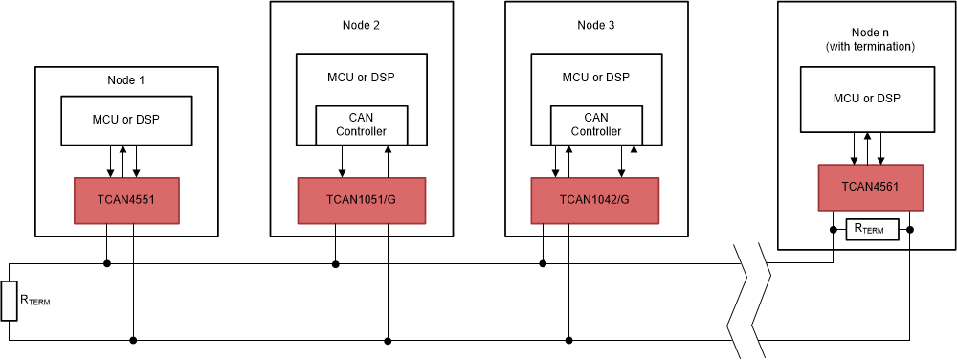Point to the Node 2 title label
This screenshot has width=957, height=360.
pyautogui.click(x=361, y=25)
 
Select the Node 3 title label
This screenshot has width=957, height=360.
pyautogui.click(x=595, y=25)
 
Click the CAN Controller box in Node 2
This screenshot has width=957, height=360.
pyautogui.click(x=362, y=124)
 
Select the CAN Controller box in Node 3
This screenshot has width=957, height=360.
pyautogui.click(x=595, y=124)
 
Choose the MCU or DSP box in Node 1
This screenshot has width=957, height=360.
pyautogui.click(x=126, y=120)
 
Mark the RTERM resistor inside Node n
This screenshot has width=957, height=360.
pyautogui.click(x=870, y=229)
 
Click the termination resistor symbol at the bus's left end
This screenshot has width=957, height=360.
pyautogui.click(x=10, y=301)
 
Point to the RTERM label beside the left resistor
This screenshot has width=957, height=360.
pyautogui.click(x=34, y=301)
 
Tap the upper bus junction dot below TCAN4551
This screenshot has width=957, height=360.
pyautogui.click(x=108, y=263)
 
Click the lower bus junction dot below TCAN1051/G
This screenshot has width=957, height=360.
pyautogui.click(x=389, y=339)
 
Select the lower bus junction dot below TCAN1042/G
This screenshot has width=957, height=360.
pyautogui.click(x=569, y=339)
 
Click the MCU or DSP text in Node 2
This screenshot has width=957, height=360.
pyautogui.click(x=361, y=78)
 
